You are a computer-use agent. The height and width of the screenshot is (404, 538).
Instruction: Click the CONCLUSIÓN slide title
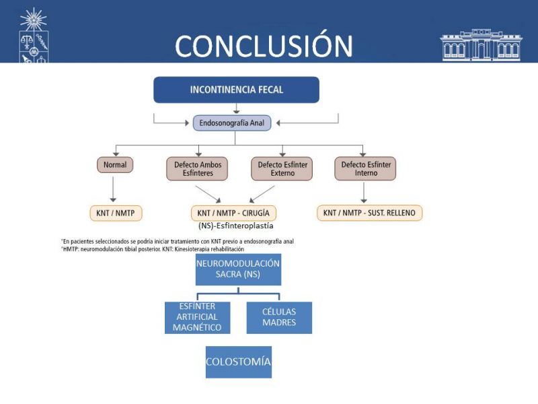pyautogui.click(x=264, y=45)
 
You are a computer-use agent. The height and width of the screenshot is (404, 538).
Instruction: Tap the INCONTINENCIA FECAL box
pyautogui.click(x=236, y=90)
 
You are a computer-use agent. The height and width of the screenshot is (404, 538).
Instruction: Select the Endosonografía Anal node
pyautogui.click(x=233, y=123)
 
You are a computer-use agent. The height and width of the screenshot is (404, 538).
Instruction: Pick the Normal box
pyautogui.click(x=115, y=165)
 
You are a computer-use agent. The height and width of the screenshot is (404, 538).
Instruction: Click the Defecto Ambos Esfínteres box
pyautogui.click(x=198, y=169)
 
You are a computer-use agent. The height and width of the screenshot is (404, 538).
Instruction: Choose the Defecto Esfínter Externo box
pyautogui.click(x=282, y=169)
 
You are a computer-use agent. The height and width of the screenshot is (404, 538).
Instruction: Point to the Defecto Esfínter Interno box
pyautogui.click(x=365, y=169)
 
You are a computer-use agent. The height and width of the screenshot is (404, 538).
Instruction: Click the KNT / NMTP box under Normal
pyautogui.click(x=116, y=213)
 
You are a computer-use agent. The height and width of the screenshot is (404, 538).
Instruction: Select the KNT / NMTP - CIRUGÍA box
pyautogui.click(x=233, y=213)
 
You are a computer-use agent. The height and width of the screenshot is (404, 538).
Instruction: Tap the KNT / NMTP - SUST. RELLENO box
pyautogui.click(x=369, y=213)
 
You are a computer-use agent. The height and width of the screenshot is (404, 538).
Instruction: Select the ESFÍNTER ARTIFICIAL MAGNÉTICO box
pyautogui.click(x=198, y=318)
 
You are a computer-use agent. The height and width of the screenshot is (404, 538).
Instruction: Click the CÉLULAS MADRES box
pyautogui.click(x=279, y=318)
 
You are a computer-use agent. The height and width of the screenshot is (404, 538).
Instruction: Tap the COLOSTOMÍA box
pyautogui.click(x=238, y=362)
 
